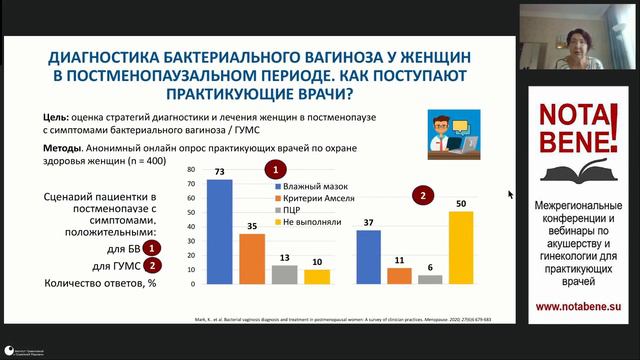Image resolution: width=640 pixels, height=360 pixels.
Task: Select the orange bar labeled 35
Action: coord(252,259)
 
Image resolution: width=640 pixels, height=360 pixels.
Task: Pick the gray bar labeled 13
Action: coord(285,275)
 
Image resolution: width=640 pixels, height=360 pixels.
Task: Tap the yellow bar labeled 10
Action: coord(317,277)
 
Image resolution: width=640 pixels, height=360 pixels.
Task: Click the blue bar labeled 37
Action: coord(368,257)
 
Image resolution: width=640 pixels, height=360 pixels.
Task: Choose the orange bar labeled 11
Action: coord(400,276)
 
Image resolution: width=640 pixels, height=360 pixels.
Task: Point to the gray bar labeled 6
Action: coord(430,280)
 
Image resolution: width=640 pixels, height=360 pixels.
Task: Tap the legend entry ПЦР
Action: coord(290,213)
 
